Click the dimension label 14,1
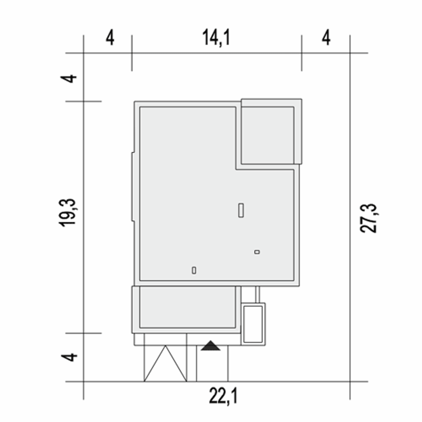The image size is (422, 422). (216, 38)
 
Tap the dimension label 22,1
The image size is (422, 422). (223, 396)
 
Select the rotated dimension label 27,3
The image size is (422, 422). (368, 218)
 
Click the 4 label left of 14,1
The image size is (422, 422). (110, 38)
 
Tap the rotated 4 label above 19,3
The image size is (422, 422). (68, 78)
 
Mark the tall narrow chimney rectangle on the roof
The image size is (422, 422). (241, 210)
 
